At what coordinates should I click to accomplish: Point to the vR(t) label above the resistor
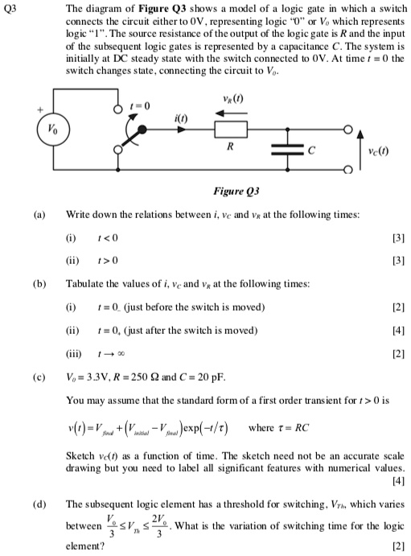pyautogui.click(x=231, y=97)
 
